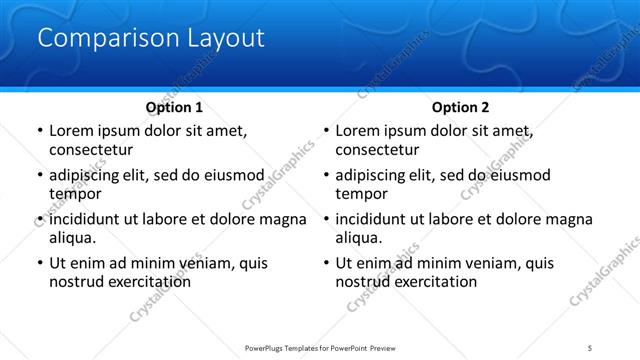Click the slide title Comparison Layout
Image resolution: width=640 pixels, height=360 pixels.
[150, 39]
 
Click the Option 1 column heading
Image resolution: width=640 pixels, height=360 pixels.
[174, 107]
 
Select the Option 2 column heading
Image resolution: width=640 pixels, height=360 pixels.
[461, 107]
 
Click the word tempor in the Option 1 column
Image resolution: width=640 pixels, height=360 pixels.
[72, 194]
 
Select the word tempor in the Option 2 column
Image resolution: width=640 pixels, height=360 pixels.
[359, 194]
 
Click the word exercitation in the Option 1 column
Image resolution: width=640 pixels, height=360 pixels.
[149, 282]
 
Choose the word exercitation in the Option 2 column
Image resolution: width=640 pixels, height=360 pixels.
[436, 282]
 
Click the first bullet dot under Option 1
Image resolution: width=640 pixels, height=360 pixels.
[39, 131]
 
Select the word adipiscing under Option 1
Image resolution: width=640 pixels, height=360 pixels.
[88, 175]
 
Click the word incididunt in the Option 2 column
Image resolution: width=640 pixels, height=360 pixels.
[375, 219]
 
